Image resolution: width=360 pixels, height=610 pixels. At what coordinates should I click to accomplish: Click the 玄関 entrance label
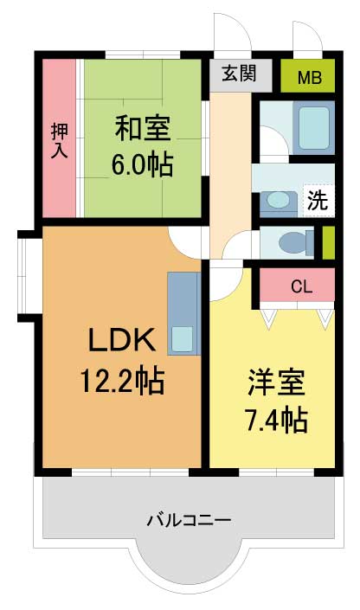pyautogui.click(x=239, y=73)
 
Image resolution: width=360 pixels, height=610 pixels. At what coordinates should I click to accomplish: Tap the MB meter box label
pyautogui.click(x=310, y=78)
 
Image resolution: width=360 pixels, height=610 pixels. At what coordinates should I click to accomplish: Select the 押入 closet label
pyautogui.click(x=60, y=140)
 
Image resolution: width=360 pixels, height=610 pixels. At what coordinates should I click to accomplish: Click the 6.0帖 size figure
pyautogui.click(x=143, y=164)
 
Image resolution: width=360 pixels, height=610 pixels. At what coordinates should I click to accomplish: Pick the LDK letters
pyautogui.click(x=122, y=340)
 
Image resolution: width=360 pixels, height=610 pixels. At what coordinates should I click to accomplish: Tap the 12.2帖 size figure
pyautogui.click(x=122, y=381)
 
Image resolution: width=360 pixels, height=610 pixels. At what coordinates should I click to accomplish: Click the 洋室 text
pyautogui.click(x=276, y=382)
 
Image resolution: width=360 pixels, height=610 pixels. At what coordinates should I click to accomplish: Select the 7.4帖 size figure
pyautogui.click(x=276, y=420)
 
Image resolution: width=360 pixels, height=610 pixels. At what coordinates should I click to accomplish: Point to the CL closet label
pyautogui.click(x=302, y=286)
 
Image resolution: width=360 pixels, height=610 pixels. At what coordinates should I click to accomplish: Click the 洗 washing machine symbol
pyautogui.click(x=318, y=200)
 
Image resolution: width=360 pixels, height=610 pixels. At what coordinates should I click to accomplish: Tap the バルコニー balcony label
pyautogui.click(x=189, y=520)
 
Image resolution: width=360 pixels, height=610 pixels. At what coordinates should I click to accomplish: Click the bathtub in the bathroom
pyautogui.click(x=313, y=127)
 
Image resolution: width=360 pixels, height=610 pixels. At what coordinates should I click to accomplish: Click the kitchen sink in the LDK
pyautogui.click(x=183, y=339)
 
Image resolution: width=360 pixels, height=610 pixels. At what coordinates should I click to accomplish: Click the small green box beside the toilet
pyautogui.click(x=329, y=243)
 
